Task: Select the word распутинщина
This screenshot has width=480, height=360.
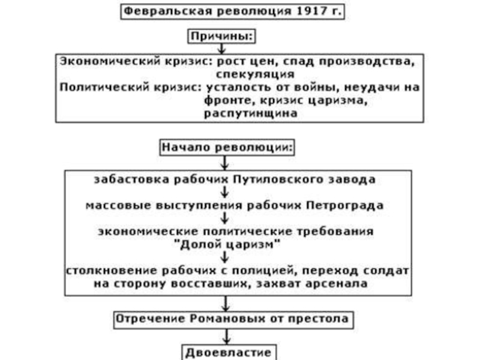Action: click(x=250, y=113)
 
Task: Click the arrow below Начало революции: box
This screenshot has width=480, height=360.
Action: click(x=225, y=162)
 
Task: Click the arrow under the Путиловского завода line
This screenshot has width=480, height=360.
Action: click(x=224, y=192)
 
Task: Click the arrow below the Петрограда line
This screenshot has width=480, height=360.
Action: click(x=224, y=217)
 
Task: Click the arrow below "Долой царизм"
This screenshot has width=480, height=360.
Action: click(x=224, y=257)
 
